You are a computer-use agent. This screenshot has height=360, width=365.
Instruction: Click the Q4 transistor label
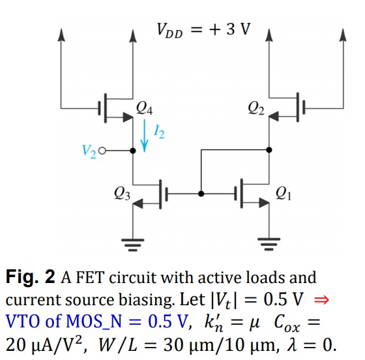(x=146, y=107)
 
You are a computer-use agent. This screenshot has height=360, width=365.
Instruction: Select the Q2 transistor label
(x=256, y=107)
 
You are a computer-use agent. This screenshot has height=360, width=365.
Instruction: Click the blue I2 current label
(x=159, y=135)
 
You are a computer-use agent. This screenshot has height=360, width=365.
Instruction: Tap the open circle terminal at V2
(x=102, y=151)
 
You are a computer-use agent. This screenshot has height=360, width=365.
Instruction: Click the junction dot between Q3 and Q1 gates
(x=201, y=194)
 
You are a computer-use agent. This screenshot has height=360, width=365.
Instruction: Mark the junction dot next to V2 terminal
(x=133, y=151)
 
